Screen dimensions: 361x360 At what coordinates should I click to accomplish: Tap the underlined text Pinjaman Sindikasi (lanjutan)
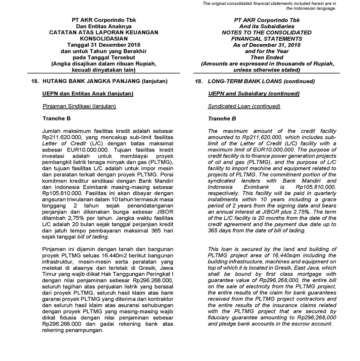tap(79, 106)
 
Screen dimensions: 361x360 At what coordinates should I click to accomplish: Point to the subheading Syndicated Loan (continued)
tap(244, 106)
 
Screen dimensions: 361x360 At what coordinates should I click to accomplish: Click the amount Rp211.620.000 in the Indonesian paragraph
tap(59, 137)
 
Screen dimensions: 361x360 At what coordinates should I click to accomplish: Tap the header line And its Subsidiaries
tap(267, 26)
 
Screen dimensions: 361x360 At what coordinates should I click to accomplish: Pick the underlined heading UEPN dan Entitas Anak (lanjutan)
tap(88, 94)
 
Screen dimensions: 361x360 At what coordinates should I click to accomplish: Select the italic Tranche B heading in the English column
tap(222, 119)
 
